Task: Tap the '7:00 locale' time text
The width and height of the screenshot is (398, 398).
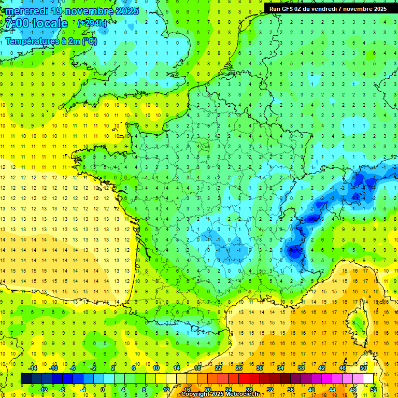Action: pos(36,23)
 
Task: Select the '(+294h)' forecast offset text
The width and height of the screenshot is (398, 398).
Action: pos(92,23)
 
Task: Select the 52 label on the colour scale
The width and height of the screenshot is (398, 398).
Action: pos(374,389)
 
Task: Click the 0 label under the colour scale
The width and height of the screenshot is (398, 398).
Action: pos(103,389)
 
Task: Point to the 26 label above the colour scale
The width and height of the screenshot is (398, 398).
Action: pos(239,367)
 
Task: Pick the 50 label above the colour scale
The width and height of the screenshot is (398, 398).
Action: pos(363,367)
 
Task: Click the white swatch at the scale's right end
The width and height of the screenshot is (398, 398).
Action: pos(368,378)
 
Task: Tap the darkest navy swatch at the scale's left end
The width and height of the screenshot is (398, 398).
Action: pos(26,378)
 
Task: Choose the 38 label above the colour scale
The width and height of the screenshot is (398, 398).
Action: pos(301,367)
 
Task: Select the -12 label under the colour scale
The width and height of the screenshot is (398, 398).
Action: pos(43,389)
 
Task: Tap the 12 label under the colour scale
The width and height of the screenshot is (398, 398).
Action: pos(166,389)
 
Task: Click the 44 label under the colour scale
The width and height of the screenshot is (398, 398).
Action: pos(332,389)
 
